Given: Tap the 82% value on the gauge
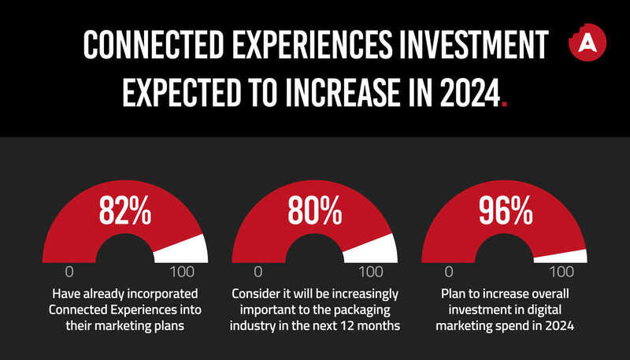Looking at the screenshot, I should point(124,210).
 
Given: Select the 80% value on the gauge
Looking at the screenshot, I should point(314,210).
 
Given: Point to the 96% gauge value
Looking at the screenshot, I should point(505,210).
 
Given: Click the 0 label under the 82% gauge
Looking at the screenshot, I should point(69,273).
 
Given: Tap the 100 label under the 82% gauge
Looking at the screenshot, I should point(182,273).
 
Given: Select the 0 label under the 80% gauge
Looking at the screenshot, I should point(258,273).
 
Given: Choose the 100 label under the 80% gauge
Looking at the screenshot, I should point(371,273).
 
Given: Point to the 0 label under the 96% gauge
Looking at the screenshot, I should point(449,273).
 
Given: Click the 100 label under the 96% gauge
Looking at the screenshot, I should point(561,273).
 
